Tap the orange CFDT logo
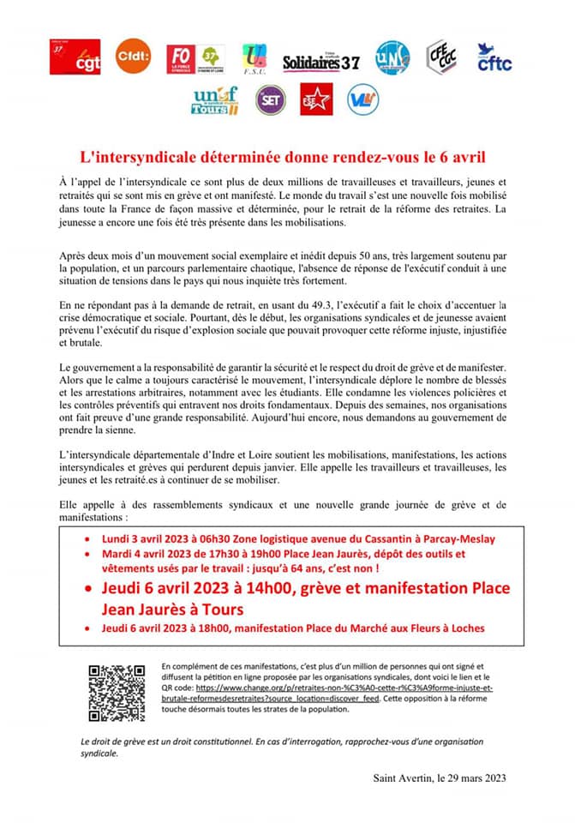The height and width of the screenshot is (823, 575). point(133,57)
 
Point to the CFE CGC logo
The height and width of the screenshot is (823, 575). point(441,57)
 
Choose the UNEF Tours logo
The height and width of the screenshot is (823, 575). point(214,101)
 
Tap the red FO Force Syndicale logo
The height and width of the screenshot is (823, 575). point(182,58)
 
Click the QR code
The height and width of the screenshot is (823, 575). point(117,693)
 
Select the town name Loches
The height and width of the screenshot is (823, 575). point(466,628)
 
